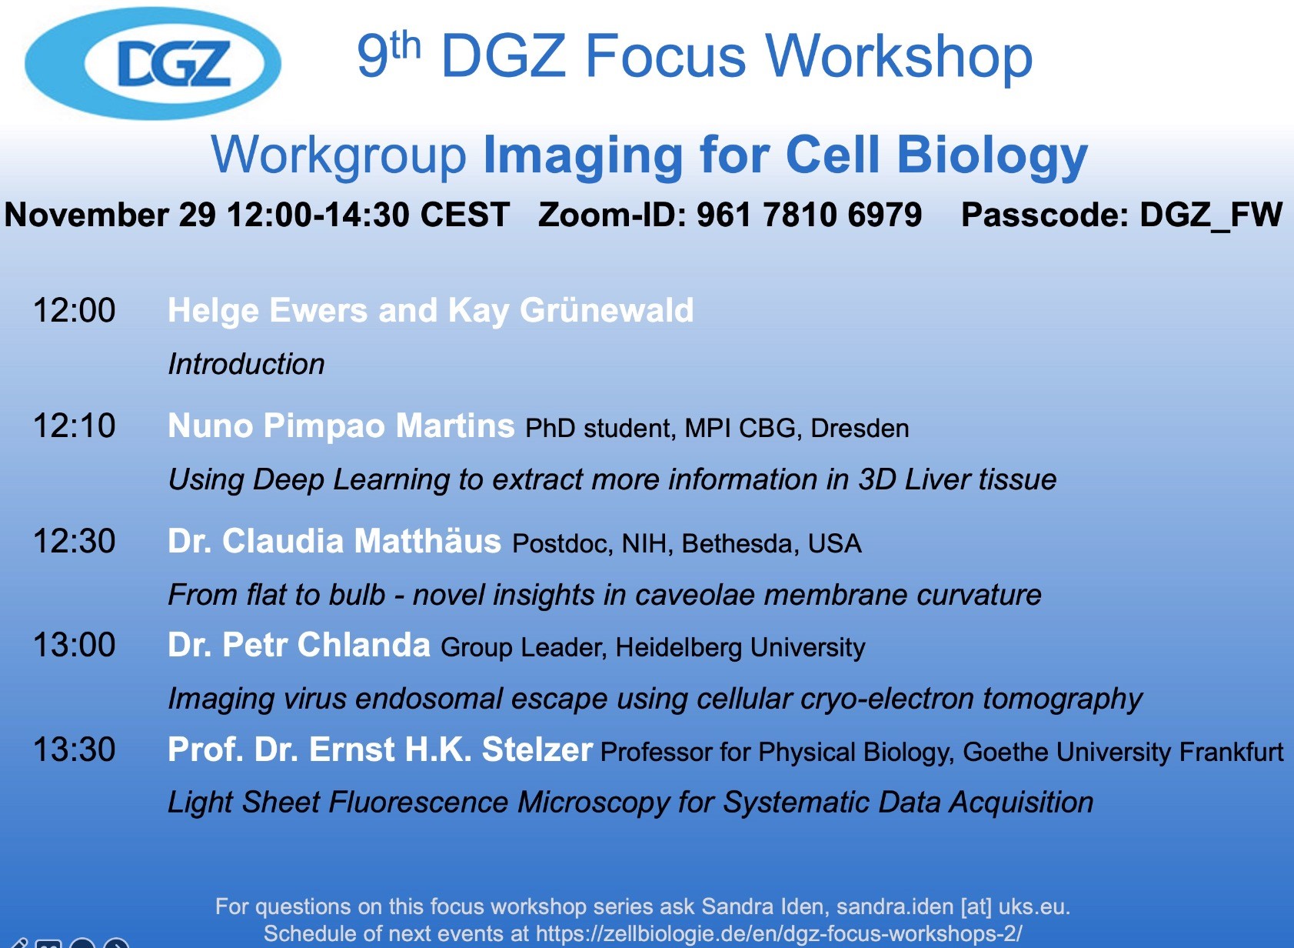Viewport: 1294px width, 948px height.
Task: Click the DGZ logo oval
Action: [153, 63]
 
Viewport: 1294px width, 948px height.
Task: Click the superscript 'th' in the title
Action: [405, 45]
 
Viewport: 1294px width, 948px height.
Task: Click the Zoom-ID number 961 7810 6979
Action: [809, 215]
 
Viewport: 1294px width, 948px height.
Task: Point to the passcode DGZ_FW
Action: [1210, 215]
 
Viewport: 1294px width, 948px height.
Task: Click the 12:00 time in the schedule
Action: [74, 310]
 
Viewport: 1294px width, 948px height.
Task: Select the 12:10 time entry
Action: [74, 426]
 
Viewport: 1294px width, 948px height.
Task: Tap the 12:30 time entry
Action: [74, 542]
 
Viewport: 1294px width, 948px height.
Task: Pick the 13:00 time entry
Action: [74, 645]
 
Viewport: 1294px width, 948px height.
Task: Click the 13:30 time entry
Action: [74, 749]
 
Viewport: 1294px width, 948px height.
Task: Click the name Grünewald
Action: [607, 310]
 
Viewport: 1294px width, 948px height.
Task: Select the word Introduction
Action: [246, 364]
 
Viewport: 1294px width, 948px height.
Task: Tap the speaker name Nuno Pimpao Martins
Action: [341, 426]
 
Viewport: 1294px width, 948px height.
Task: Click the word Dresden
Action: [860, 429]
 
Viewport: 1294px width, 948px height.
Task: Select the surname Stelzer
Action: [537, 749]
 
